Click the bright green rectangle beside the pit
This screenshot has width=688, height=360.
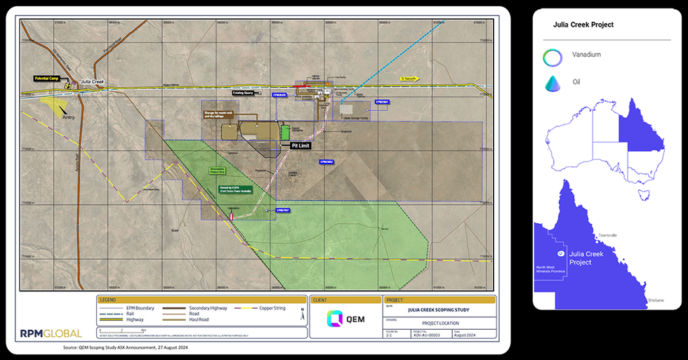[x=285, y=132]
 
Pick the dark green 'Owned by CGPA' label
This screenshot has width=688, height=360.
[x=230, y=189]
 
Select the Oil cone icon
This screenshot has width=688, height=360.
[x=552, y=83]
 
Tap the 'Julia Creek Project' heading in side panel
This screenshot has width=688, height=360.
[x=583, y=25]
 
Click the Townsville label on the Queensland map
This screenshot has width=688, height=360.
[x=607, y=235]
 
